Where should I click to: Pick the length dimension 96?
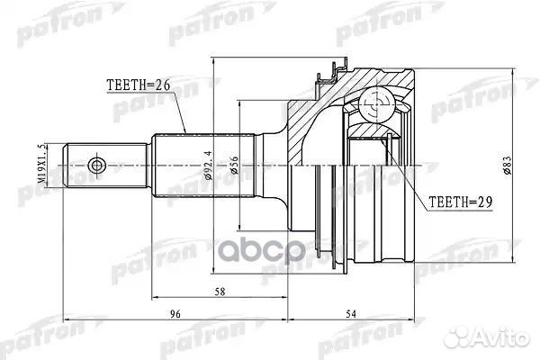click(x=175, y=315)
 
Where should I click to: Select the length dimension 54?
click(x=351, y=315)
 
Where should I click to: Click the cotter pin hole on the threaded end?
click(x=100, y=166)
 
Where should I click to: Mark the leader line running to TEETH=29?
click(x=403, y=171)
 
